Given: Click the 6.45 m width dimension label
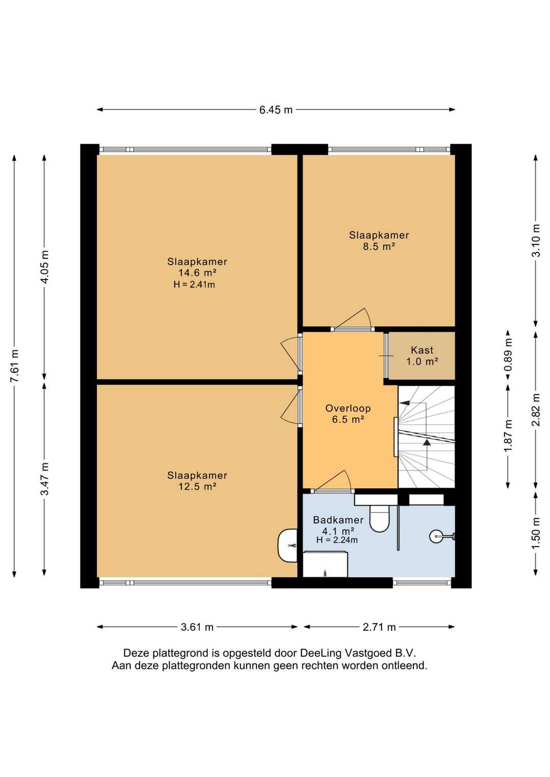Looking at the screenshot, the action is (x=276, y=110).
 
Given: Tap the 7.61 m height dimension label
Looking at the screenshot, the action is (x=15, y=366).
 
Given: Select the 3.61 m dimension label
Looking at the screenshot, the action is (x=197, y=627).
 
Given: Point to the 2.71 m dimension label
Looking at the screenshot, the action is (x=379, y=627).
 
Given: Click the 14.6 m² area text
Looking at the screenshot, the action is (x=198, y=272).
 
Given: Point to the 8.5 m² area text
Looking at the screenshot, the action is (x=379, y=246).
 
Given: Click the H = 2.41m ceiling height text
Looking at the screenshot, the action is (x=195, y=285).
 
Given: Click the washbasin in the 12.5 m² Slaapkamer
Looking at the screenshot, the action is (x=287, y=546).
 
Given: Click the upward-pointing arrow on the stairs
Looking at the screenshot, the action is (x=427, y=442).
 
